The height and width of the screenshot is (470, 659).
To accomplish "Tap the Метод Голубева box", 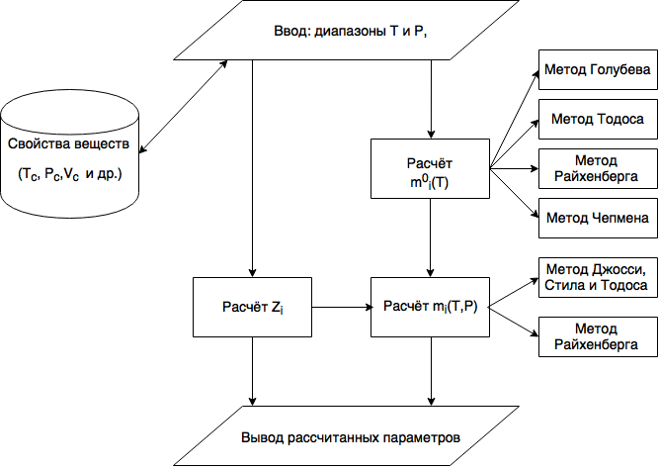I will pyautogui.click(x=597, y=70).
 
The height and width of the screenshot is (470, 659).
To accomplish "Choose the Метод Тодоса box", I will pyautogui.click(x=597, y=119).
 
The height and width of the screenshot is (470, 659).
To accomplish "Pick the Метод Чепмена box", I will pyautogui.click(x=597, y=216).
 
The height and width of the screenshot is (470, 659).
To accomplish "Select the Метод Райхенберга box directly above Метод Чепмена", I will pyautogui.click(x=597, y=168).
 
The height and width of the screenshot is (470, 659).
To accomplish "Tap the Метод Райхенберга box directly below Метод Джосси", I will pyautogui.click(x=597, y=337).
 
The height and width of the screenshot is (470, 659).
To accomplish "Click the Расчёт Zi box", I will pyautogui.click(x=253, y=308).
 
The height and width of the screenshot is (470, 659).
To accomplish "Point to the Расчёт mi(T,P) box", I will pyautogui.click(x=429, y=308).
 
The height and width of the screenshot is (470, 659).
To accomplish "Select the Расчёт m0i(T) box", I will pyautogui.click(x=429, y=169).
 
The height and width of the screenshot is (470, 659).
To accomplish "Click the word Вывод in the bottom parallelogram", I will pyautogui.click(x=262, y=436).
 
